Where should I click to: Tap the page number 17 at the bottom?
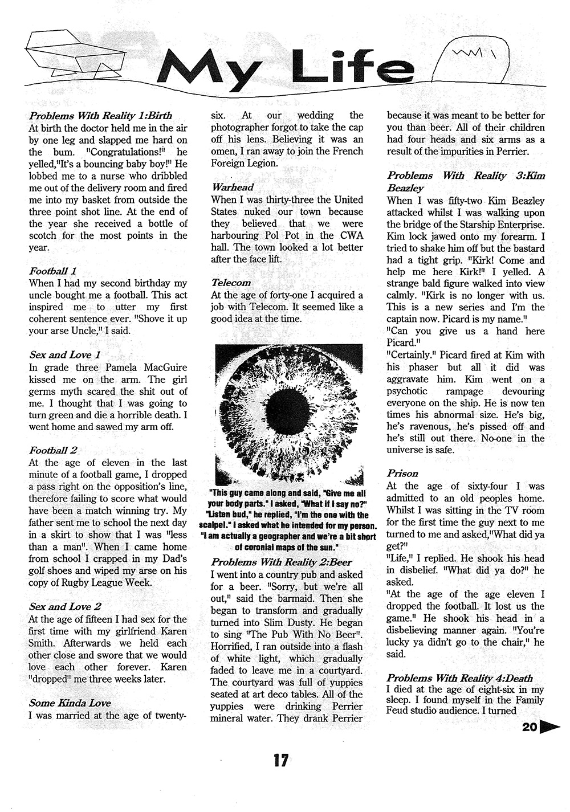280,760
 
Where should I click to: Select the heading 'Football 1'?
53,271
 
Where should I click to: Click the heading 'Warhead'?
233,187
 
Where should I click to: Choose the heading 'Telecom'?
231,283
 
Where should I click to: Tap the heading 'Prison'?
402,474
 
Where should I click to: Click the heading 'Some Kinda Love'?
70,703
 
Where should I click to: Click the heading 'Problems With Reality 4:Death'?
459,678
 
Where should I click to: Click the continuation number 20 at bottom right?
528,727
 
